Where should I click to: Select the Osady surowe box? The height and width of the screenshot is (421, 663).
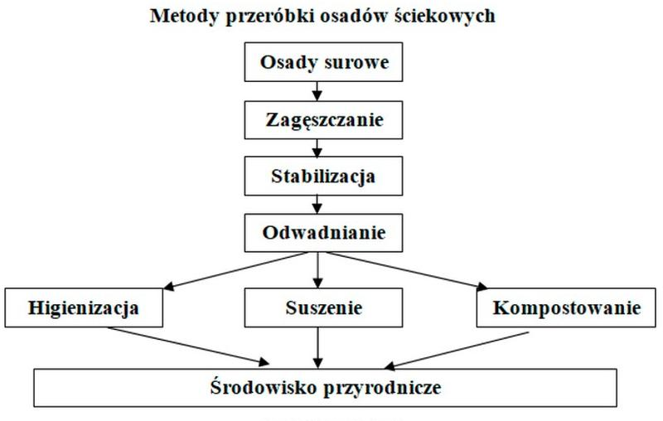coord(323,61)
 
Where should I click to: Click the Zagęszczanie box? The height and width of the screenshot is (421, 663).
coord(323,120)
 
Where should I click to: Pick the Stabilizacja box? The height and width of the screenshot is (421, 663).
coord(323,176)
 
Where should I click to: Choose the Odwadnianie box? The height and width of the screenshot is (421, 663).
coord(323,233)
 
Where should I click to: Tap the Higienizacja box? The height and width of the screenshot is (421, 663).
coord(84,307)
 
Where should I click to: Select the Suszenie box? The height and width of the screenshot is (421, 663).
coord(323,307)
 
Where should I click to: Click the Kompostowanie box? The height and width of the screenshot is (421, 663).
coord(566,307)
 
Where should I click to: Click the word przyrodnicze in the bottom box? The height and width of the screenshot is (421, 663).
coord(382,388)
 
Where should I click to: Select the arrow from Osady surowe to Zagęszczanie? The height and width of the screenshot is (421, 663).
coord(317,91)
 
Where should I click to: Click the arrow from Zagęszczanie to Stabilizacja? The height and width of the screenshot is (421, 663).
coord(317,148)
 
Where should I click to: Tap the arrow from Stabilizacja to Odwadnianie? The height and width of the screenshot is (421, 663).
coord(317,205)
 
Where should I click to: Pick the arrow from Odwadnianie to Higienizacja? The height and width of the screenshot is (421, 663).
coord(235,271)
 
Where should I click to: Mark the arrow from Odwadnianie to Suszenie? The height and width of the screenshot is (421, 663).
coord(318,270)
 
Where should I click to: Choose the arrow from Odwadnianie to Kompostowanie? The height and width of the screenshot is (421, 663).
coord(407,271)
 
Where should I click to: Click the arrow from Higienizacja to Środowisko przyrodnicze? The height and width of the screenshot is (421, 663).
coord(188,346)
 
